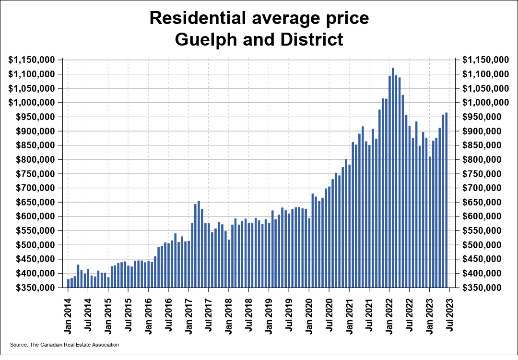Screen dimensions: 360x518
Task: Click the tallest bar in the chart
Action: (393, 178)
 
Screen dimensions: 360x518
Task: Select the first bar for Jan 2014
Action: (69, 283)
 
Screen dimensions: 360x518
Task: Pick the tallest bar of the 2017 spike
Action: (199, 244)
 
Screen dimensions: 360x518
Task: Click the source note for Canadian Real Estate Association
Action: (64, 345)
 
